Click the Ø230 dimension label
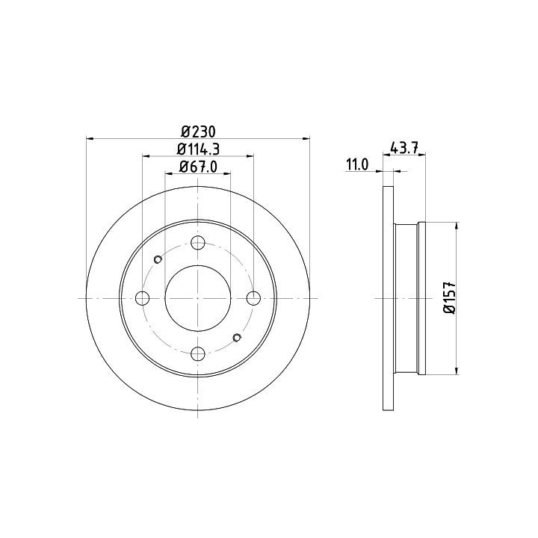[x=198, y=132]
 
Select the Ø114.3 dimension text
[x=198, y=149]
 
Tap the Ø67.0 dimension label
[x=198, y=167]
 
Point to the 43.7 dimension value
[x=403, y=149]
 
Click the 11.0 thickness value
[x=357, y=164]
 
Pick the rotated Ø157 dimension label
[x=449, y=297]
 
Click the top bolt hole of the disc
[x=198, y=243]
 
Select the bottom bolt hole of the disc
[x=198, y=353]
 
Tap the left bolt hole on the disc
[x=143, y=298]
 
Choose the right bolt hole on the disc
[x=253, y=298]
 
